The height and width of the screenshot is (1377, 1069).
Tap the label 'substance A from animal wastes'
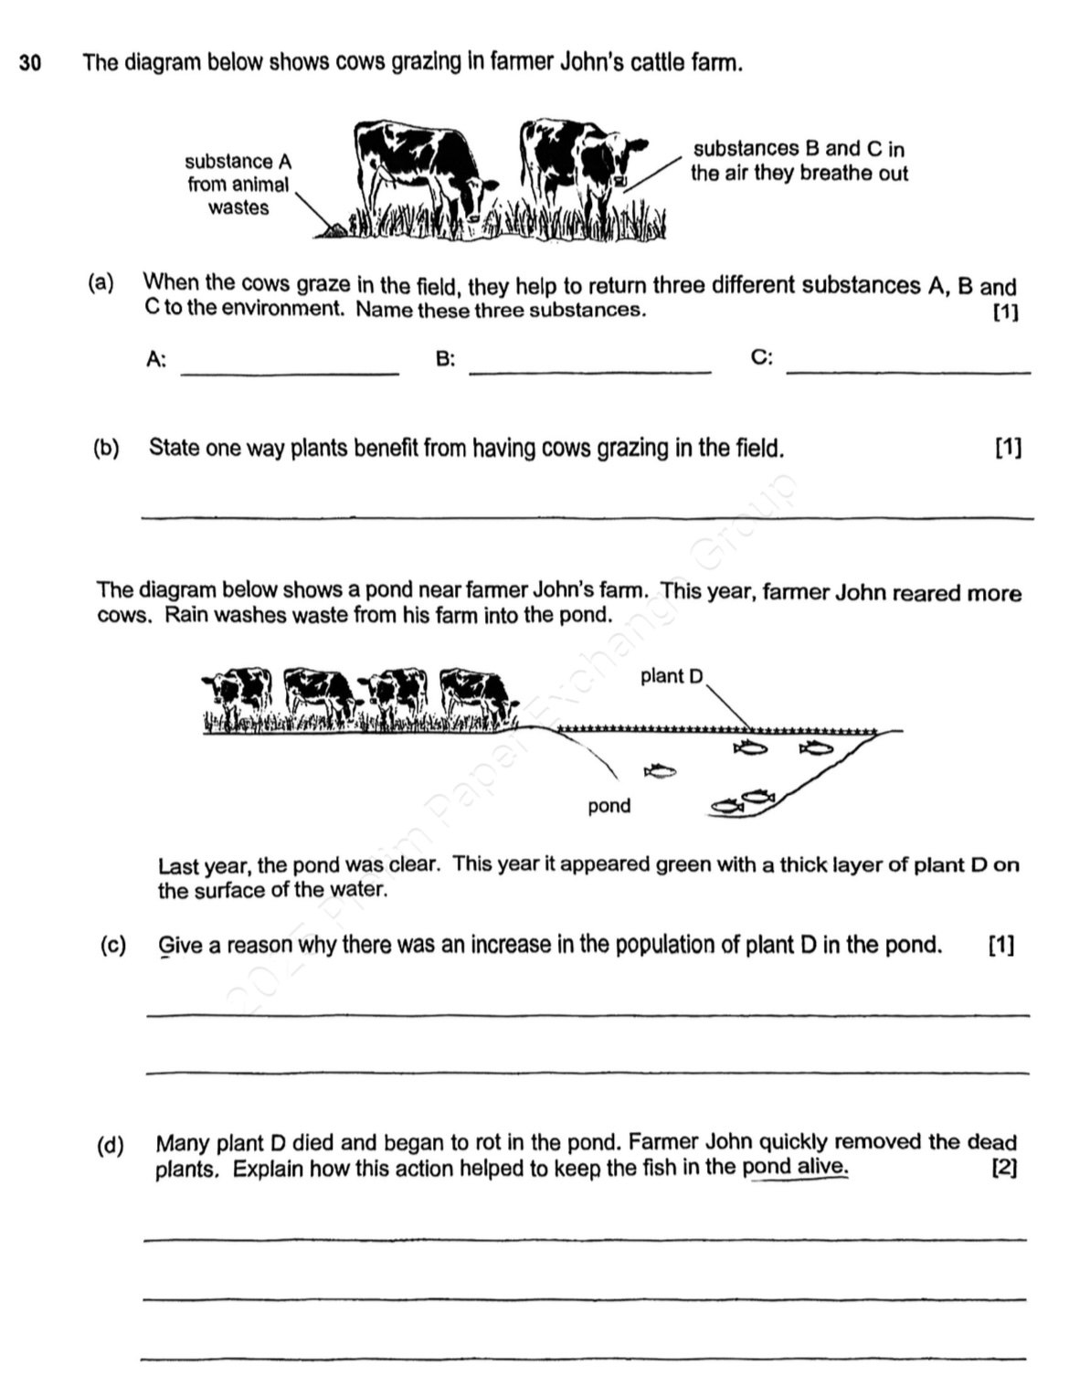click(x=238, y=185)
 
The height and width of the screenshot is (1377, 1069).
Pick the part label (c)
click(x=112, y=945)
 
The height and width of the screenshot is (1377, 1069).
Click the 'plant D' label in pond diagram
click(x=672, y=676)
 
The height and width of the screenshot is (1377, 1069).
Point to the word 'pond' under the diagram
click(x=609, y=806)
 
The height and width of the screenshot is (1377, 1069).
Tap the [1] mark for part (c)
click(x=1000, y=946)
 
